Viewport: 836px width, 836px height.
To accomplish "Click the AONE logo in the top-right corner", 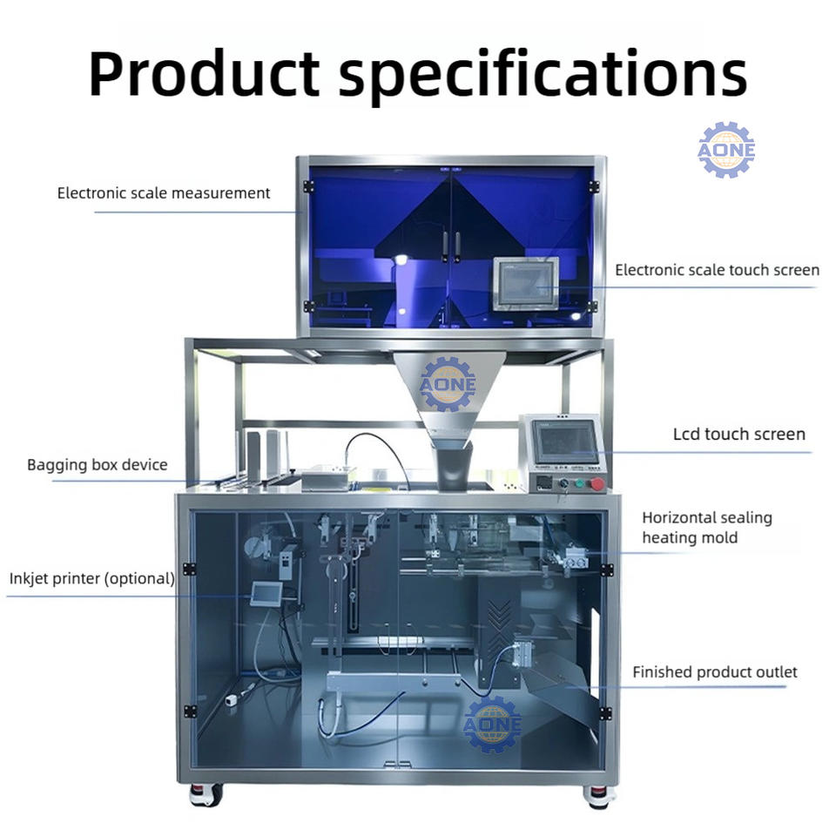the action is (x=725, y=151).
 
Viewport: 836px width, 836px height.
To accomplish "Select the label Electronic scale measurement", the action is (x=164, y=193).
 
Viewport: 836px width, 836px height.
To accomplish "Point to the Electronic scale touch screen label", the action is (x=717, y=270).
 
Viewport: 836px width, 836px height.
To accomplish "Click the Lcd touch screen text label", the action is (x=738, y=434).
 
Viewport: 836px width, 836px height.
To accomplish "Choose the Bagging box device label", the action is (x=97, y=465).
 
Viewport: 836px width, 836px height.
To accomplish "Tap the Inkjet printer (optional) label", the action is (x=92, y=577).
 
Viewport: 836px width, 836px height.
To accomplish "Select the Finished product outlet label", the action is (x=714, y=672).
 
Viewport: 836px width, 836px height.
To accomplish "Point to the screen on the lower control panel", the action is (x=566, y=442).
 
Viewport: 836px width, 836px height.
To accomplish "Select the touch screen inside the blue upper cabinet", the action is (x=525, y=282).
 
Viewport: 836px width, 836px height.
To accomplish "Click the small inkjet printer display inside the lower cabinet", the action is (x=264, y=594).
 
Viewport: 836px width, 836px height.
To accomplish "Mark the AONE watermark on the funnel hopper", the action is (x=448, y=384).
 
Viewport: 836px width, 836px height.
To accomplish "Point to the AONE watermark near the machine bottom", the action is (x=492, y=724).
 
